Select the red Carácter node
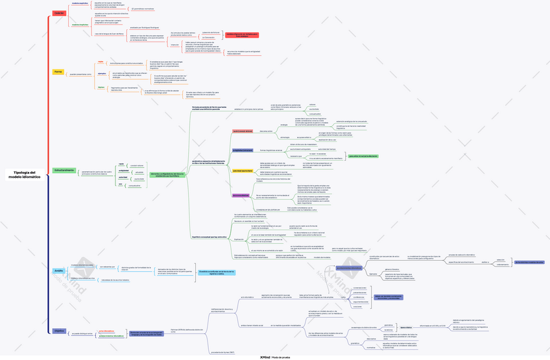click(59, 13)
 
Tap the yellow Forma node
click(58, 71)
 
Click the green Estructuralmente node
click(64, 170)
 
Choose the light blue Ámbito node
click(59, 270)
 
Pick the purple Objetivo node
click(59, 331)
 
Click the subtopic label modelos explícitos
click(80, 3)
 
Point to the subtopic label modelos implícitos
click(80, 24)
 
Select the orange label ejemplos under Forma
click(101, 73)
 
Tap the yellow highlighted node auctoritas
click(242, 171)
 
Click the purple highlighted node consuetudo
click(241, 195)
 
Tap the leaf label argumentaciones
click(361, 302)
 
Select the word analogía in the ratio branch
click(283, 125)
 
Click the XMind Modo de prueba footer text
click(275, 356)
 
